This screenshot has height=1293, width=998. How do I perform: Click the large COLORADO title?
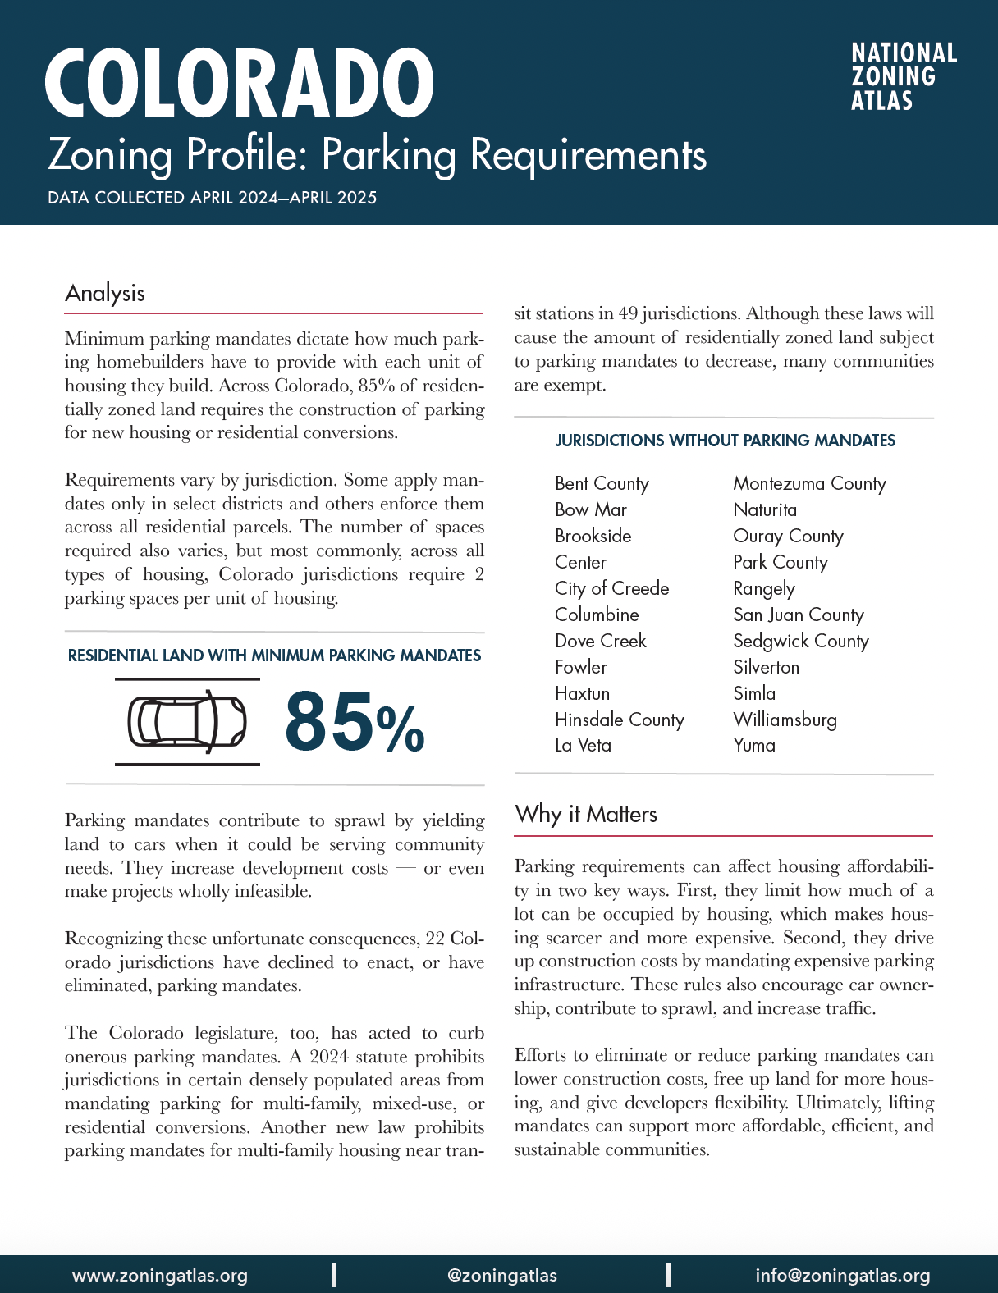(x=239, y=84)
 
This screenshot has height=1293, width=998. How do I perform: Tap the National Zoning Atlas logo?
(x=904, y=77)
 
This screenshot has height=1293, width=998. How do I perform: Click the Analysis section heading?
(x=105, y=294)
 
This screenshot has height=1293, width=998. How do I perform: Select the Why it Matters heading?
(x=586, y=815)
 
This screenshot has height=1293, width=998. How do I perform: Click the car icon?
(x=187, y=722)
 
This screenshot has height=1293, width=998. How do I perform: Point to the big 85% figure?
(x=355, y=722)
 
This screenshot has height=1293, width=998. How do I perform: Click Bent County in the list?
(x=602, y=484)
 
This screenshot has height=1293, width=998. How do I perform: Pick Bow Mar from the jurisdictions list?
(x=590, y=510)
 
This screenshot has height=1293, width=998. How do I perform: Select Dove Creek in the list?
(x=600, y=642)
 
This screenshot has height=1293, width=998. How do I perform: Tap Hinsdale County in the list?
(x=619, y=720)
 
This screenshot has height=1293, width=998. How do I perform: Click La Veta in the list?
(x=583, y=746)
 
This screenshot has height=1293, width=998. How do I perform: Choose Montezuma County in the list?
(x=809, y=484)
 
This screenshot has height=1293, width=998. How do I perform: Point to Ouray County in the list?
(x=788, y=537)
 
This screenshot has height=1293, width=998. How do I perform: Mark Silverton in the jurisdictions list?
(x=766, y=668)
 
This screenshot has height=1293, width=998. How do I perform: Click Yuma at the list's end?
(x=754, y=746)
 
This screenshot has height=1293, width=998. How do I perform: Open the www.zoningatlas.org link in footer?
(x=160, y=1276)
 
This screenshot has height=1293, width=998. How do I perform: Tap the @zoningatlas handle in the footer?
(x=502, y=1276)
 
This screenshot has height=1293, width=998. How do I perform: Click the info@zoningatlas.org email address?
(x=843, y=1276)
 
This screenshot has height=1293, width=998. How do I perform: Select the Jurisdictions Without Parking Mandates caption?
(x=725, y=441)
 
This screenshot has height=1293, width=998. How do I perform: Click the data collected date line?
(x=213, y=198)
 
